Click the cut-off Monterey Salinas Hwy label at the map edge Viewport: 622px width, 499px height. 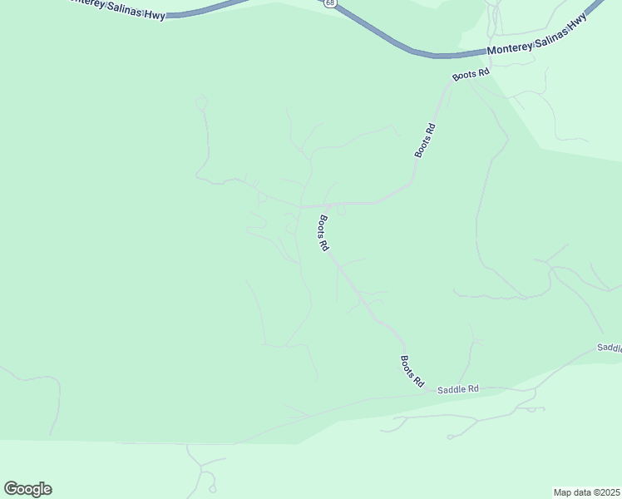click(x=116, y=7)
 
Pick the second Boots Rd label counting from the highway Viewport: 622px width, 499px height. click(x=426, y=141)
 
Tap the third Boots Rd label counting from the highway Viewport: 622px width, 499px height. click(x=323, y=234)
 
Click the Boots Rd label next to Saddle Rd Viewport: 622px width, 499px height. click(x=412, y=372)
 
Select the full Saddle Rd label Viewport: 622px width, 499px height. click(x=459, y=388)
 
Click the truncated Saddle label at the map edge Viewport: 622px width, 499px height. click(x=610, y=348)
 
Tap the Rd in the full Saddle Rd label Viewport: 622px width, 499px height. click(x=473, y=388)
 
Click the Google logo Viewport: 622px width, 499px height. click(x=27, y=488)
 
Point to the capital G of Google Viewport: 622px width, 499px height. click(x=11, y=488)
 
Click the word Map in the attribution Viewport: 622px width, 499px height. click(x=563, y=492)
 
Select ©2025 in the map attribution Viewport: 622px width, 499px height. click(x=605, y=492)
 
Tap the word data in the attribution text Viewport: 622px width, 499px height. click(x=581, y=492)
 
